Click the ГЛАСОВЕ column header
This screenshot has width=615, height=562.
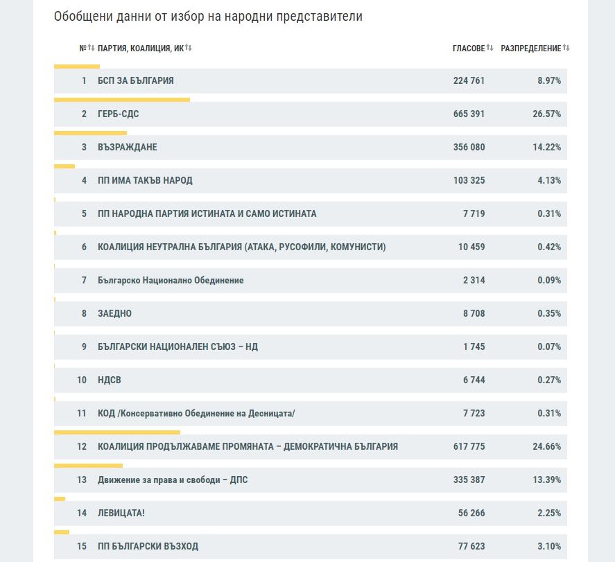469,48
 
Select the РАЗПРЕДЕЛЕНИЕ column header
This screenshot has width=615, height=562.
531,48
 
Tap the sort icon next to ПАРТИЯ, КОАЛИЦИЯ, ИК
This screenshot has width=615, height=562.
189,48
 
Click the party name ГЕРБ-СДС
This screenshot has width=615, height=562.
118,114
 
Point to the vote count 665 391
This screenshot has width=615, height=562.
469,114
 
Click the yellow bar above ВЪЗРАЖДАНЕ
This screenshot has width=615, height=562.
90,132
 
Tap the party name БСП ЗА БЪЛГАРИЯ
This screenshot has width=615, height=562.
135,80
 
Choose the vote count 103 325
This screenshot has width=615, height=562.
469,180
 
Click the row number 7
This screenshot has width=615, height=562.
84,280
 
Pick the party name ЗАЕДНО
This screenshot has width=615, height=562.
114,313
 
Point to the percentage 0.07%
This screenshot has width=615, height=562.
549,346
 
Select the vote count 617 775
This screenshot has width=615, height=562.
469,446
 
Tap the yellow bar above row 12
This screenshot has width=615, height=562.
116,432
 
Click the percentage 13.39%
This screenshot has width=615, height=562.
546,480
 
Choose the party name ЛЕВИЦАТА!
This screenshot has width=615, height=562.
121,513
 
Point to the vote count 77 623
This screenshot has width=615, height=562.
471,546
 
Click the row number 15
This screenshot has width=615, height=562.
82,546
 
